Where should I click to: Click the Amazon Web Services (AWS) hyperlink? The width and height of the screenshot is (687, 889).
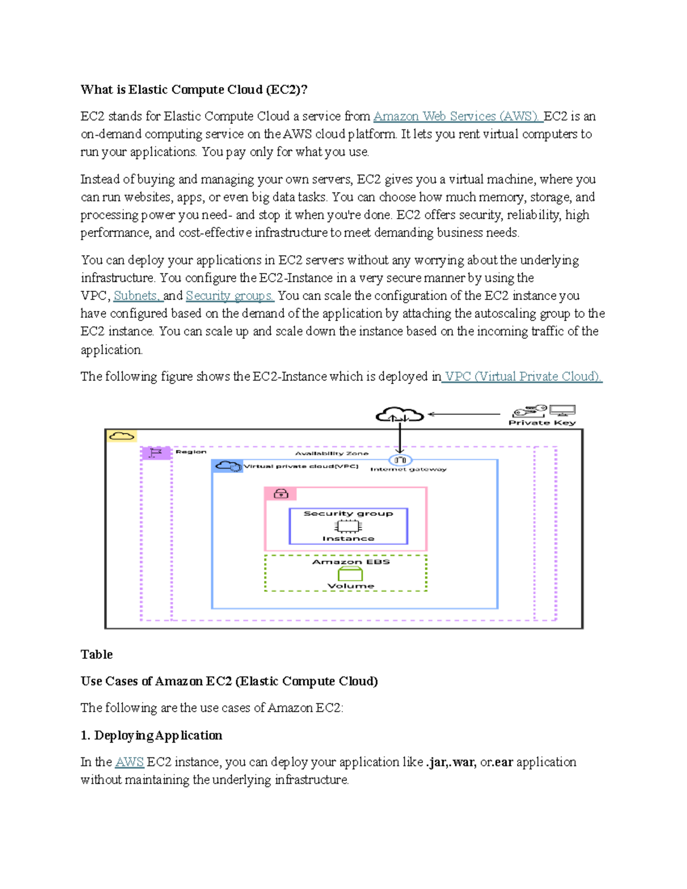tap(457, 116)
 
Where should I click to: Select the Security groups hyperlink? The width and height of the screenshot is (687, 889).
tap(230, 296)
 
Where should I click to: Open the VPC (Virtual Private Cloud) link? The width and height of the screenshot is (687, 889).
tap(523, 377)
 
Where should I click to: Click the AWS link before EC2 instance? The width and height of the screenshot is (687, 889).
tap(129, 762)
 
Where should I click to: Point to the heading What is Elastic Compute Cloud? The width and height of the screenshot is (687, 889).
tap(194, 89)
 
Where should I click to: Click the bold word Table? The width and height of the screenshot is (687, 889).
tap(96, 654)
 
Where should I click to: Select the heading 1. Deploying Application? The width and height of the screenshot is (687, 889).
tap(151, 735)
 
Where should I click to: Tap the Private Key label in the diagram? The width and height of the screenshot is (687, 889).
tap(542, 423)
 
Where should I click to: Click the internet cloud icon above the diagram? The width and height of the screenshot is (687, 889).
tap(399, 414)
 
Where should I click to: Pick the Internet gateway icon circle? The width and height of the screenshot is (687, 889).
tap(400, 460)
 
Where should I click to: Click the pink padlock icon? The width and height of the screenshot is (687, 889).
tap(281, 493)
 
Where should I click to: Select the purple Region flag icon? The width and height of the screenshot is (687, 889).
tap(156, 453)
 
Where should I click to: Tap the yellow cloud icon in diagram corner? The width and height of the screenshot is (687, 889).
tap(121, 436)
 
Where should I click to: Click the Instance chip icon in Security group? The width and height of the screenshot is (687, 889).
tap(348, 526)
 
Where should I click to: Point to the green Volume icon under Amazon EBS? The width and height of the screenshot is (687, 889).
tap(350, 574)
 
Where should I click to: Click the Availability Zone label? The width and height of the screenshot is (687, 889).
tap(331, 453)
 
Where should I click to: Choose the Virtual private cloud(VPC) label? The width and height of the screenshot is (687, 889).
tap(301, 467)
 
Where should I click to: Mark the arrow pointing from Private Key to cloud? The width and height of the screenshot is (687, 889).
tap(464, 414)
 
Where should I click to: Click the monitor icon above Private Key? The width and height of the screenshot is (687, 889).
tap(562, 410)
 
